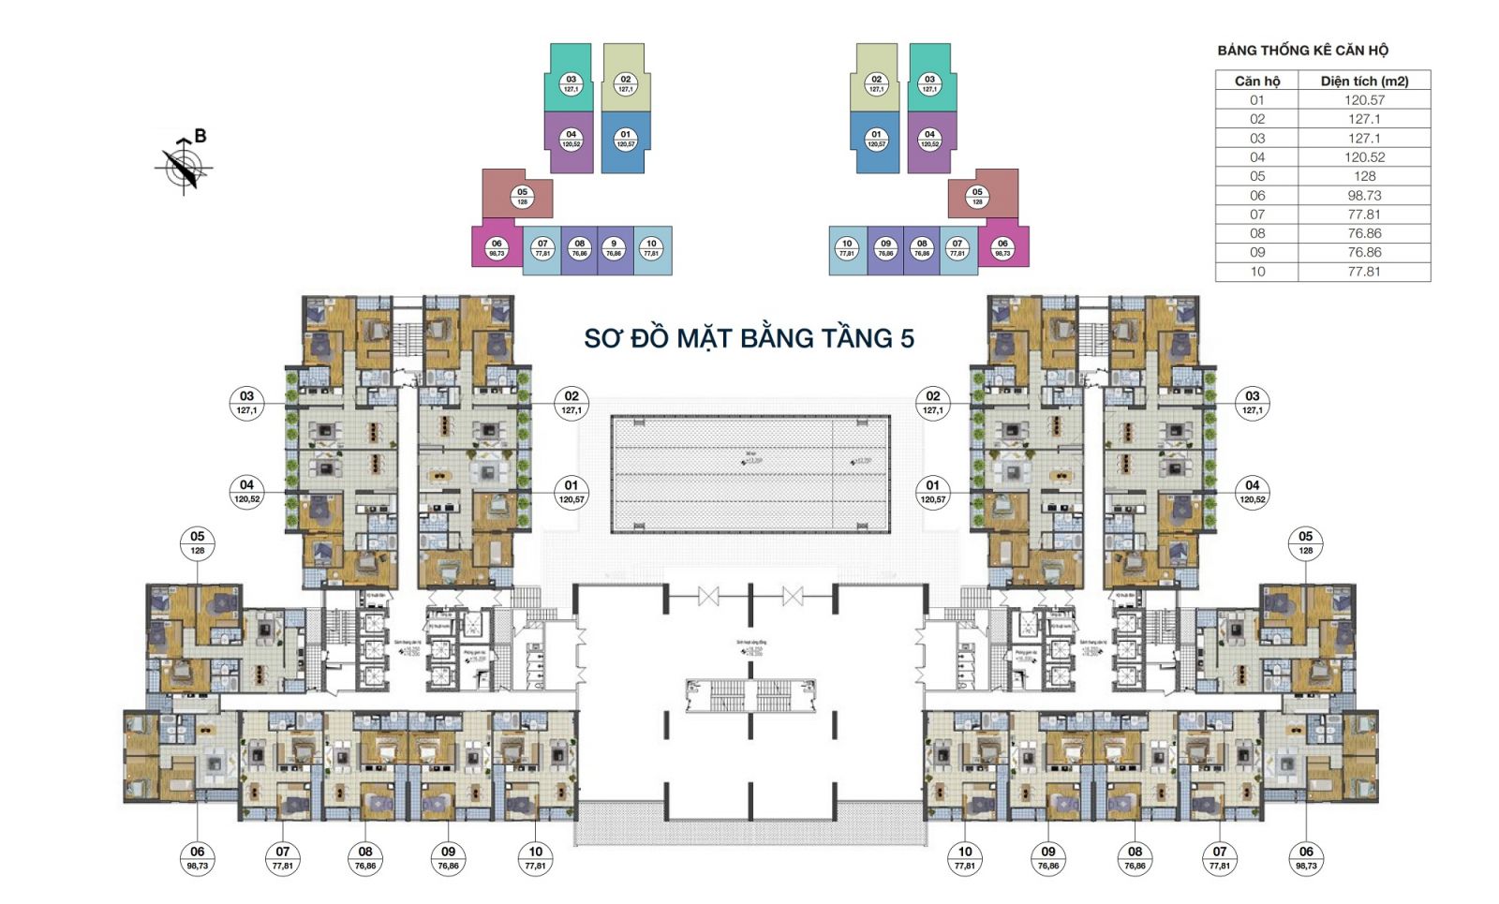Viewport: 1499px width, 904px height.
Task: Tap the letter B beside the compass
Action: (200, 137)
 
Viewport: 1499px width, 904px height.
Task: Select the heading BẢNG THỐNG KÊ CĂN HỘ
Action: (1302, 51)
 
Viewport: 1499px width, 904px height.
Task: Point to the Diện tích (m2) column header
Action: (1364, 82)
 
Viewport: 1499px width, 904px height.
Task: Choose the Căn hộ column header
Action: (1256, 82)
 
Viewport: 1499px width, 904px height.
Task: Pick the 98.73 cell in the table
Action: (1364, 196)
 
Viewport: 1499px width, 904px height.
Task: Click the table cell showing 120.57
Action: (1364, 100)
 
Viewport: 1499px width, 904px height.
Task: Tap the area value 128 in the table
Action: (1364, 176)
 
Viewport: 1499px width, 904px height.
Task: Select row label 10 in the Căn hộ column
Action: (1256, 272)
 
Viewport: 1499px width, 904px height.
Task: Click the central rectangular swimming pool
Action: (749, 474)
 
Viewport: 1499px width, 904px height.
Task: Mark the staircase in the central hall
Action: (749, 695)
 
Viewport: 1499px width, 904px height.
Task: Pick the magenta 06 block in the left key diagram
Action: (497, 245)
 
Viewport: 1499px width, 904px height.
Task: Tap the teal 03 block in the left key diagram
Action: (569, 78)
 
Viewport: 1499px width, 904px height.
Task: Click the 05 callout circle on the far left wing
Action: (197, 542)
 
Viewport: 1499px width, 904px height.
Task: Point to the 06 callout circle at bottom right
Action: (1306, 857)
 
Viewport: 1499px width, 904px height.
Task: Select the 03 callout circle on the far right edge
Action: (1252, 402)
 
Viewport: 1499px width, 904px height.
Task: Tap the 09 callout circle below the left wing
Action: (448, 857)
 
